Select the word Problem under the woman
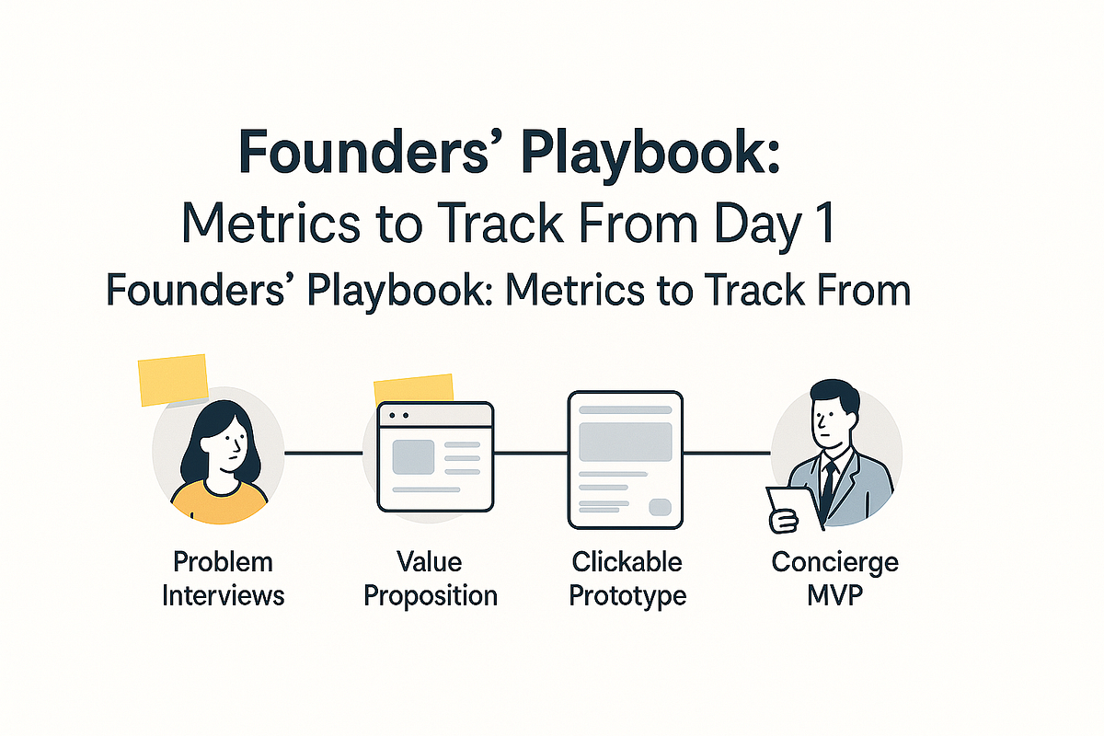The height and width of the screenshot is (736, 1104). point(223,561)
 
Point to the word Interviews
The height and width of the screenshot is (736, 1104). point(223,595)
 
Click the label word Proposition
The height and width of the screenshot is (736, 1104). point(431,595)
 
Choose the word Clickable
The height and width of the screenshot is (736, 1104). point(627,561)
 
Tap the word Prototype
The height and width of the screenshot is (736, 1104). point(627,595)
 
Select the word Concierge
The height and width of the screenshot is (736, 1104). point(834,561)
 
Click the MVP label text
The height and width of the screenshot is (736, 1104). point(834,595)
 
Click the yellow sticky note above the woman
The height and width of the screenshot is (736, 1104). point(173,379)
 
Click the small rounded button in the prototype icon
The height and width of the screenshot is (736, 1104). point(660,507)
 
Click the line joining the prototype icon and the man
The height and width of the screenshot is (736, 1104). point(727,453)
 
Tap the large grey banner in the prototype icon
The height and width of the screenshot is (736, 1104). point(626,441)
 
